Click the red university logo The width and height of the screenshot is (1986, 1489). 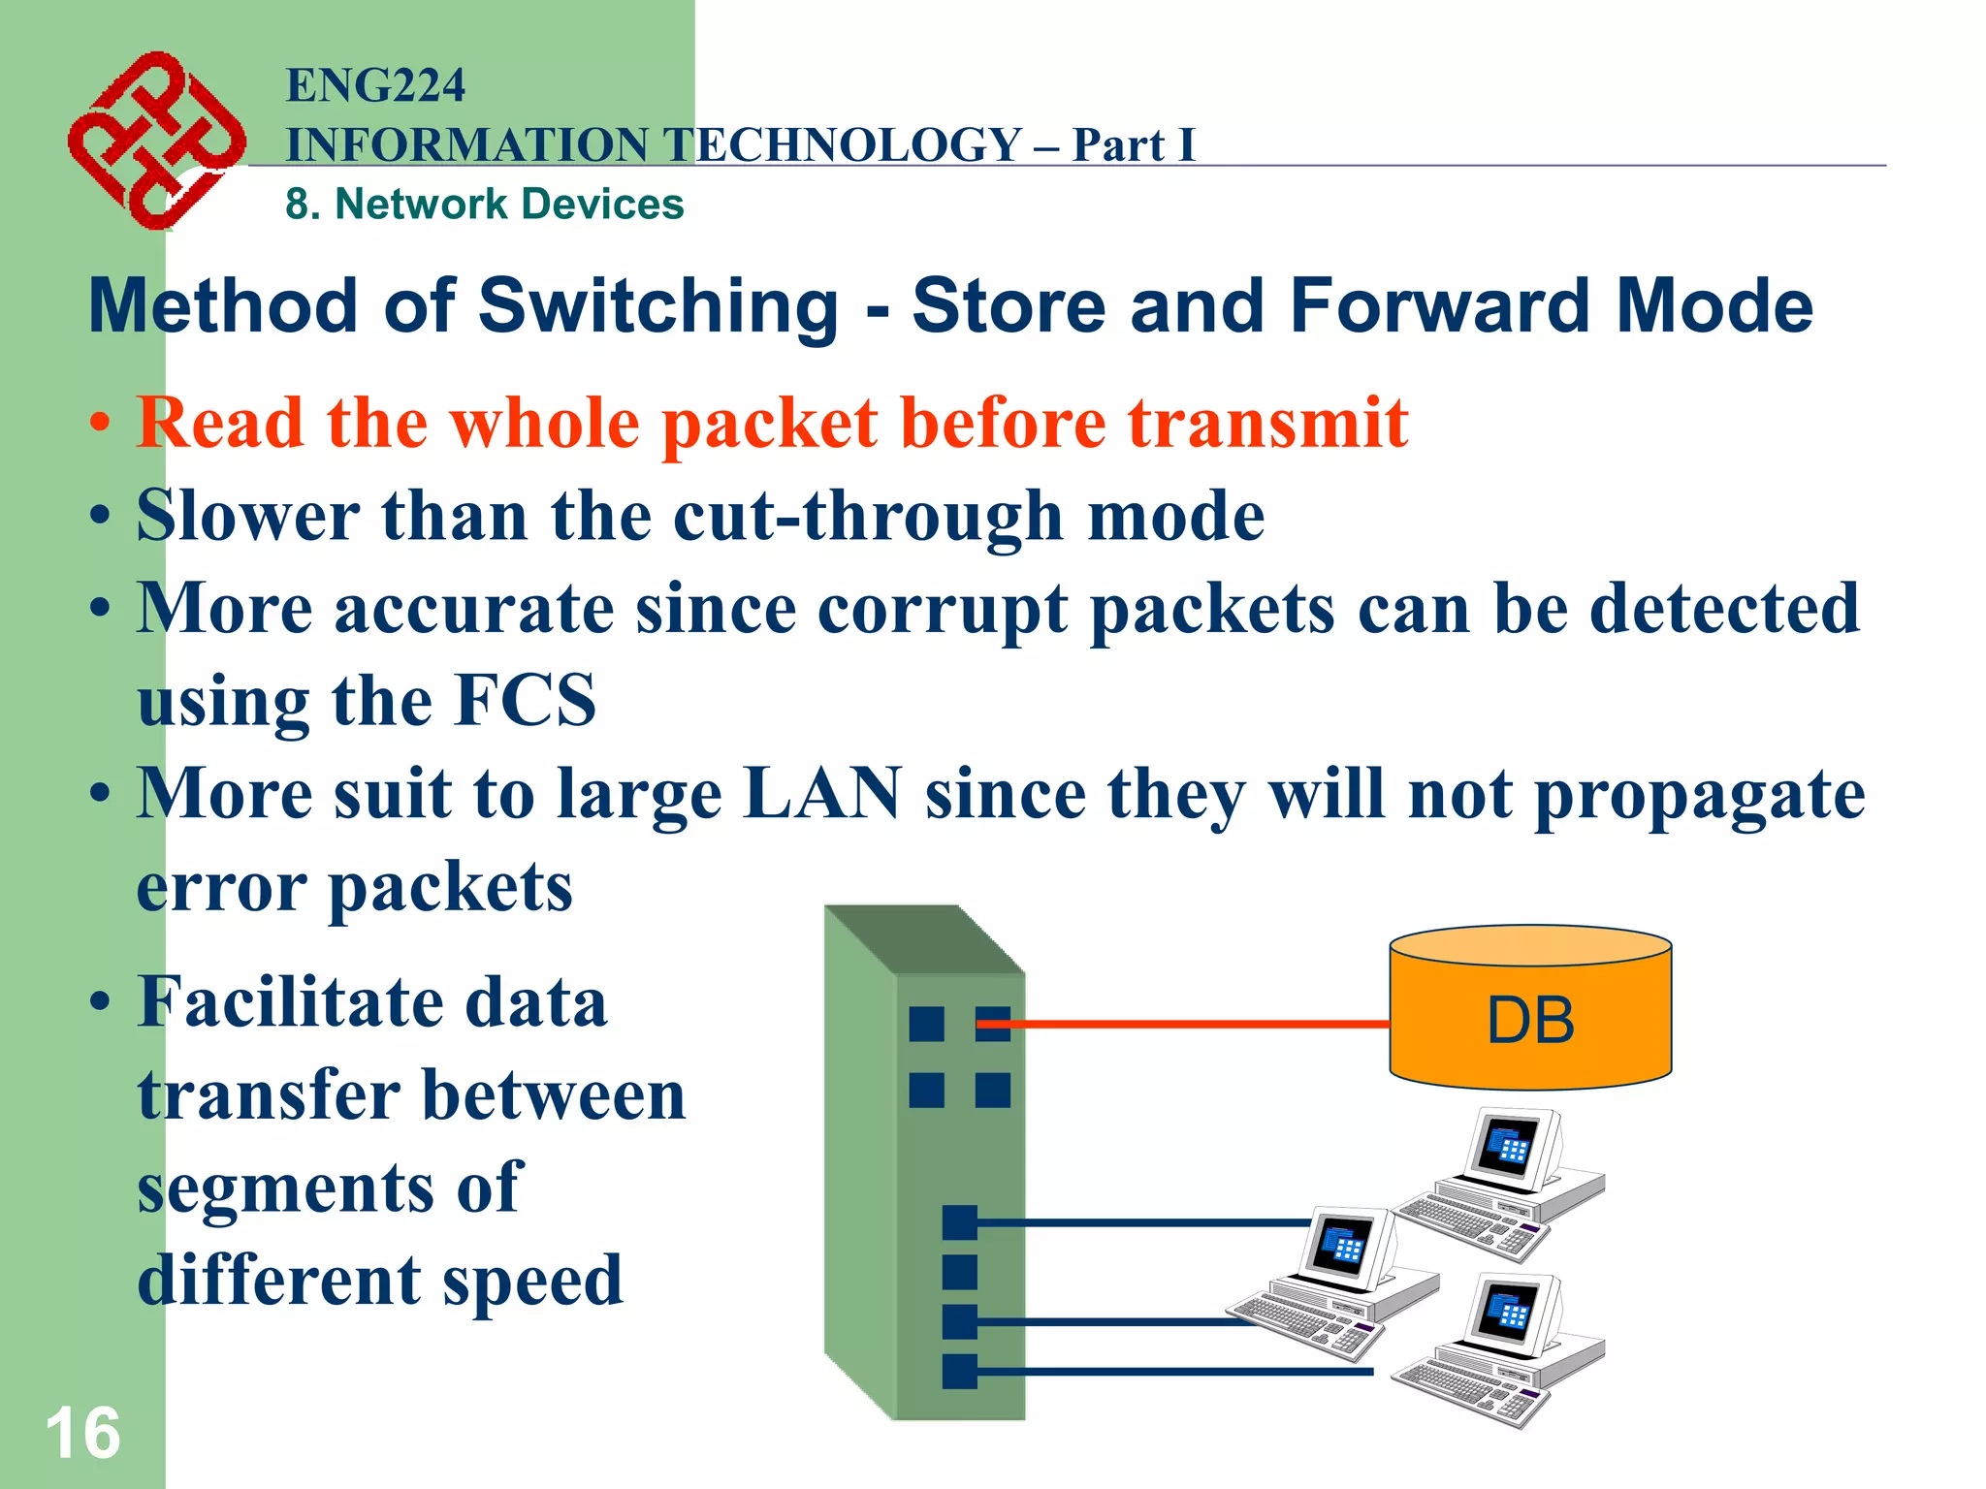click(x=155, y=141)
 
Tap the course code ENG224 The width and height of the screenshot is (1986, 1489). click(x=375, y=85)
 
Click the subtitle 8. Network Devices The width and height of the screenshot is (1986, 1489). click(x=484, y=205)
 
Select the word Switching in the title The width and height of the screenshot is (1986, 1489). click(x=658, y=305)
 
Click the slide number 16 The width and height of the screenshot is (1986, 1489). click(x=82, y=1433)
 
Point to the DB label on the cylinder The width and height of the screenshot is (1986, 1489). click(x=1530, y=1021)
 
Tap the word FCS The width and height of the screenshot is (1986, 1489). click(x=526, y=700)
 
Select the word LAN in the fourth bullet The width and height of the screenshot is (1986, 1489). click(x=822, y=793)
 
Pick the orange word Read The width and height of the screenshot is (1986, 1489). click(x=220, y=423)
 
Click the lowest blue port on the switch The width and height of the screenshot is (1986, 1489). click(x=959, y=1371)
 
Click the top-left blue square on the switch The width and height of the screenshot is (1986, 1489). click(x=926, y=1024)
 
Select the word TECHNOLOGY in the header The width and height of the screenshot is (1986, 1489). click(x=844, y=145)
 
